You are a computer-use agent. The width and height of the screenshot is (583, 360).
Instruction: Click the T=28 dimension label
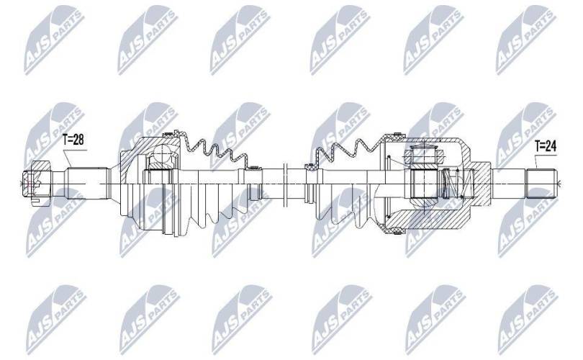(x=73, y=140)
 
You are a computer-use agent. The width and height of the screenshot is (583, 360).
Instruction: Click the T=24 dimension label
(x=546, y=146)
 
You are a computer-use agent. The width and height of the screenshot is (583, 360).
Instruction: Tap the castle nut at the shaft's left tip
(x=35, y=183)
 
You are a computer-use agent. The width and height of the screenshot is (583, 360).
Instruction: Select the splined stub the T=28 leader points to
(x=88, y=183)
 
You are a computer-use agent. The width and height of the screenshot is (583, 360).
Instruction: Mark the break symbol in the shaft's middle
(x=286, y=184)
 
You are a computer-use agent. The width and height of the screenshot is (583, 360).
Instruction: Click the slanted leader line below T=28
(x=67, y=158)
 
